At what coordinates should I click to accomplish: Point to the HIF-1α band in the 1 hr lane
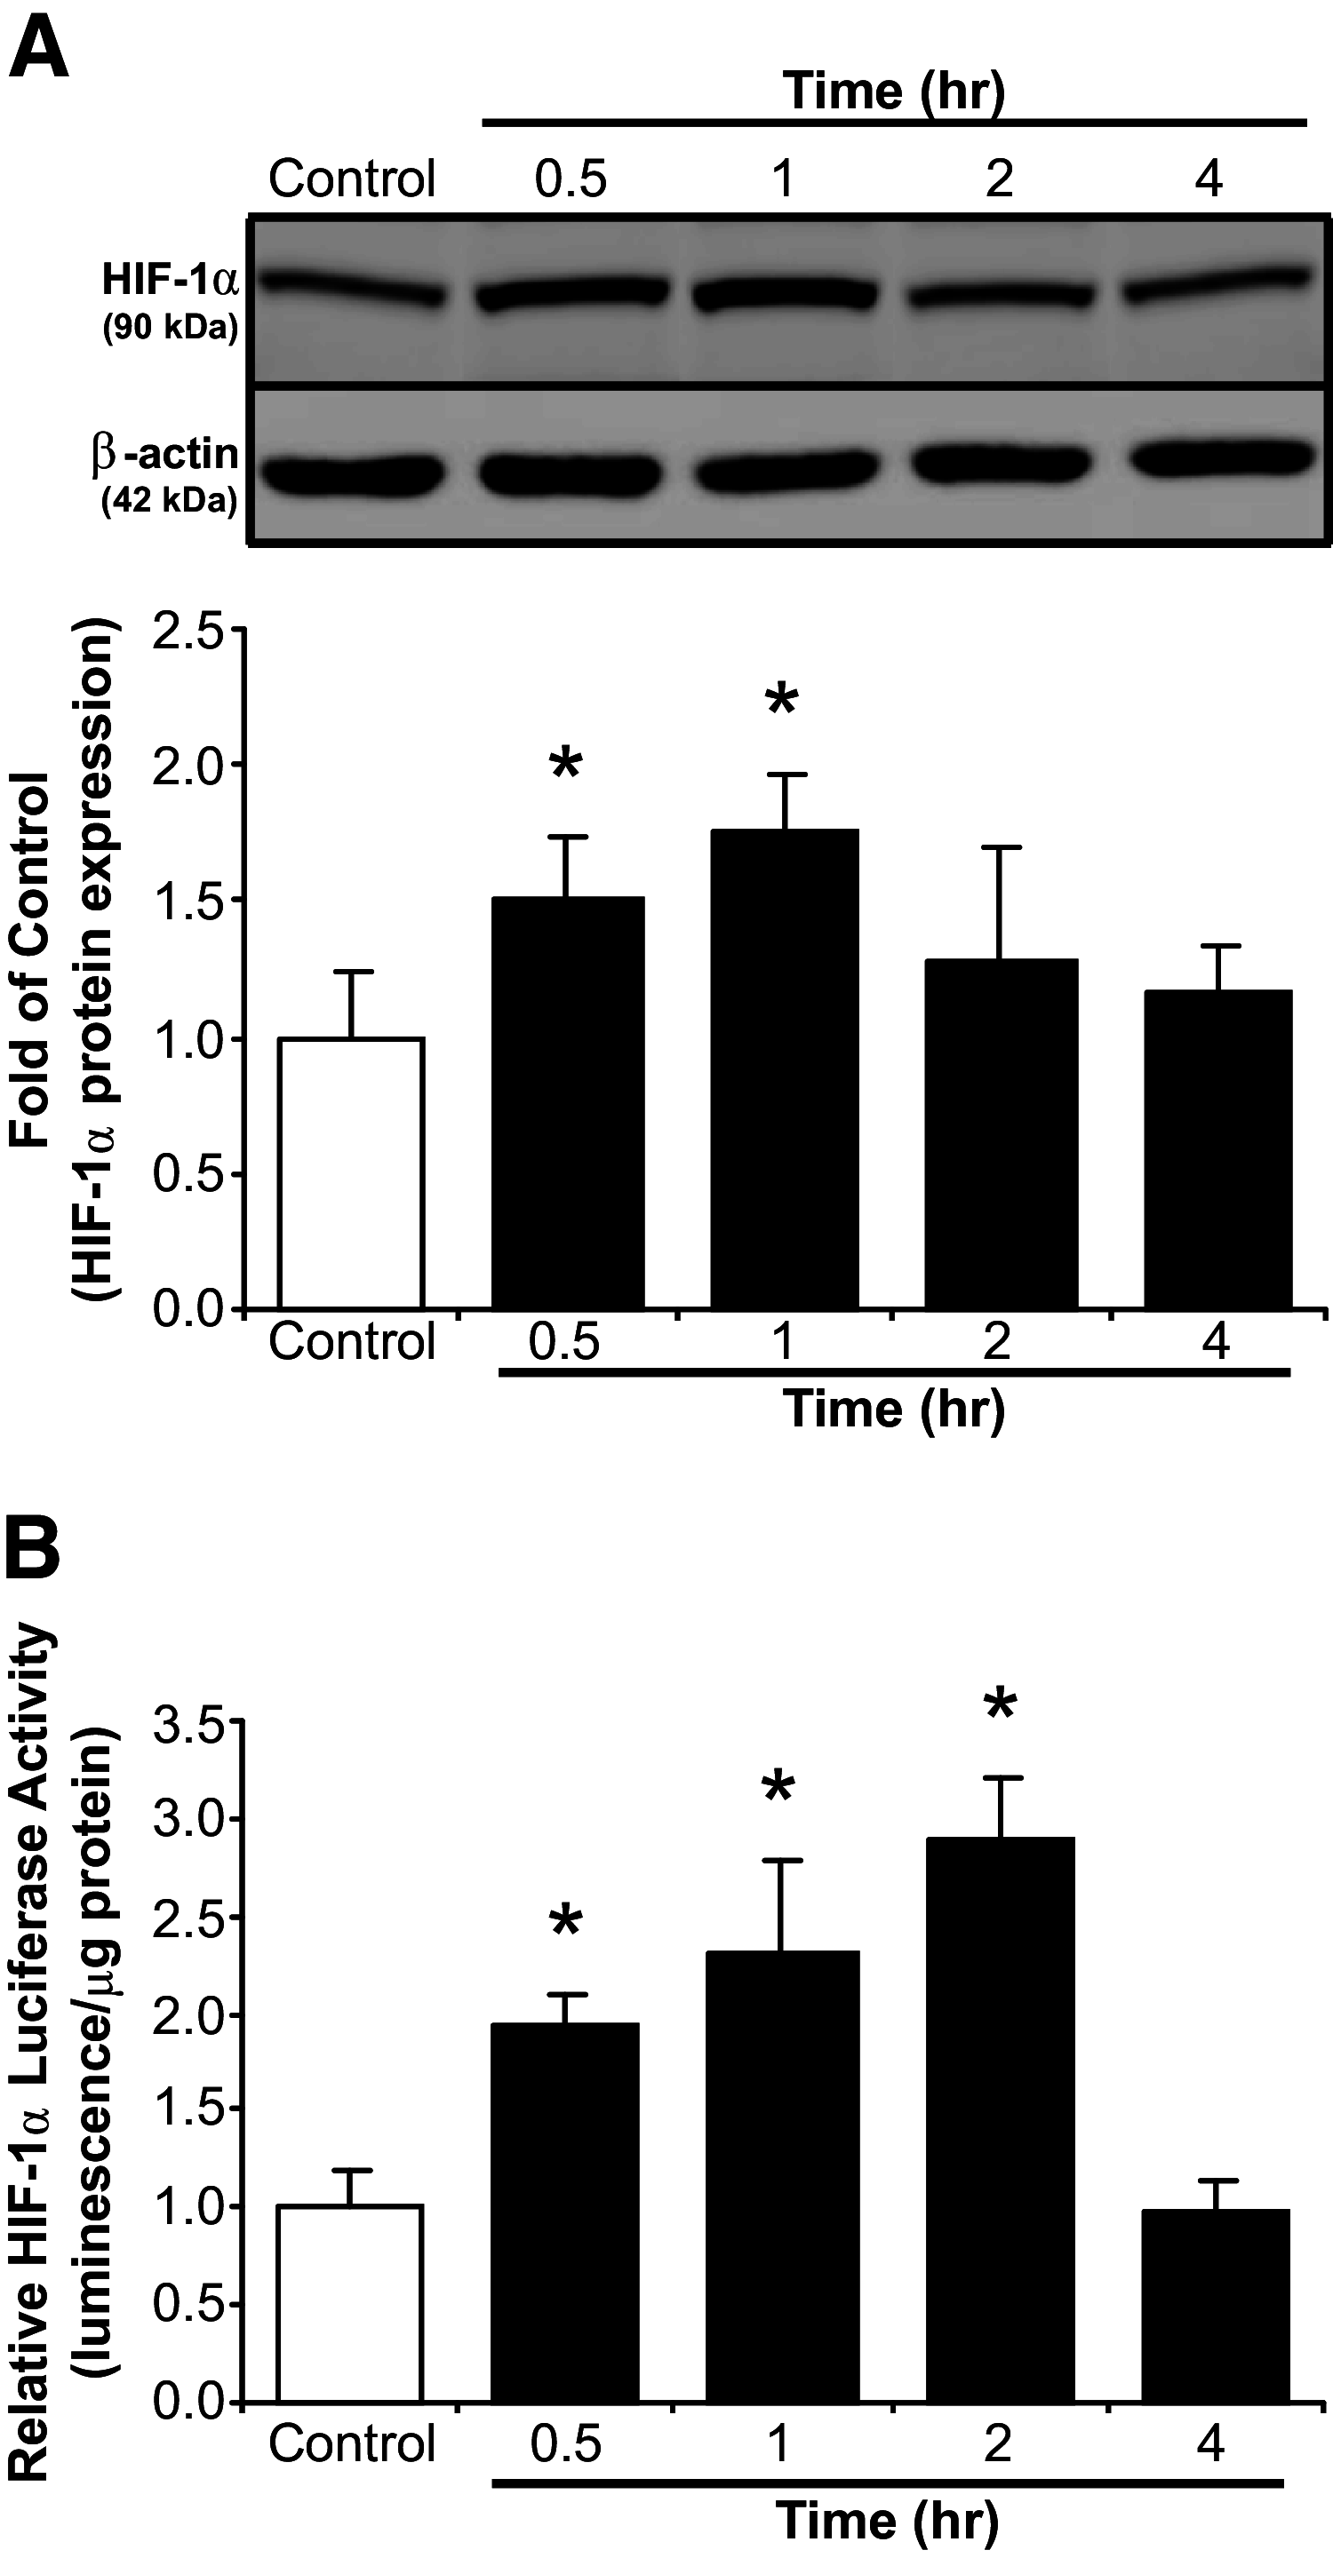tap(784, 294)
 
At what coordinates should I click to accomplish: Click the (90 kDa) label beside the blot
tap(170, 329)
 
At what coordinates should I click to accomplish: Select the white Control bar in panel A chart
tap(352, 1172)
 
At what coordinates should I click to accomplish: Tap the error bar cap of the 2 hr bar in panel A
tap(1001, 847)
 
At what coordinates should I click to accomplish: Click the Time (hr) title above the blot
tap(894, 91)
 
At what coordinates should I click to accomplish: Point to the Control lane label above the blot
tap(353, 179)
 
